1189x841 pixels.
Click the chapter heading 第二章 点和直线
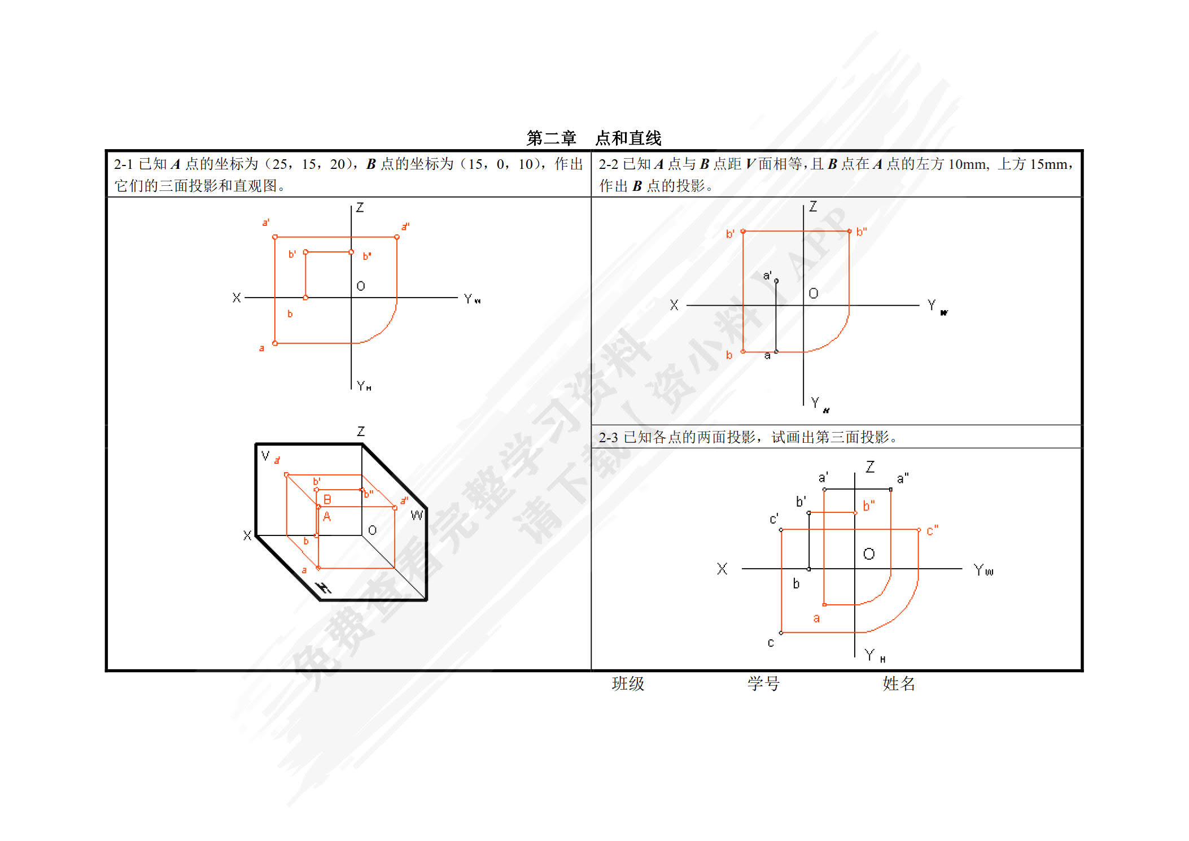(x=593, y=138)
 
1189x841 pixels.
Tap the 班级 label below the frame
(x=628, y=684)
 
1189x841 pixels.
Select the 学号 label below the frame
(x=763, y=684)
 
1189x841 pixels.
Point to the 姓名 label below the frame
(x=899, y=684)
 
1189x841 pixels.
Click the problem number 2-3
(x=608, y=438)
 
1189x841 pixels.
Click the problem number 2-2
(x=608, y=164)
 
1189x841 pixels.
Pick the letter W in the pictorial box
(x=417, y=515)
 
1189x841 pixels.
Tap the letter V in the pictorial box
(x=265, y=455)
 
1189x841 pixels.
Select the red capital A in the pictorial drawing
(x=327, y=517)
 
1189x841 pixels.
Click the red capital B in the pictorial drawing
(x=327, y=500)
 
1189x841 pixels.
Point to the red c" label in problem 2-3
(x=932, y=531)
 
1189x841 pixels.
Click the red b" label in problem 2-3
(x=868, y=506)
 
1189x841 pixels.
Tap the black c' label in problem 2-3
(x=774, y=519)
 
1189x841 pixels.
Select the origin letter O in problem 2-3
(x=869, y=554)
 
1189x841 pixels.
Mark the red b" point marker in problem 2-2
(x=849, y=231)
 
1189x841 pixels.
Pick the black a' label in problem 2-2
(x=767, y=276)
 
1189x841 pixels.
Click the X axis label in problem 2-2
(x=674, y=306)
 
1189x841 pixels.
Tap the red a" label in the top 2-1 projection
(x=405, y=227)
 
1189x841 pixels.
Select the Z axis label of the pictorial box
(x=361, y=432)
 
